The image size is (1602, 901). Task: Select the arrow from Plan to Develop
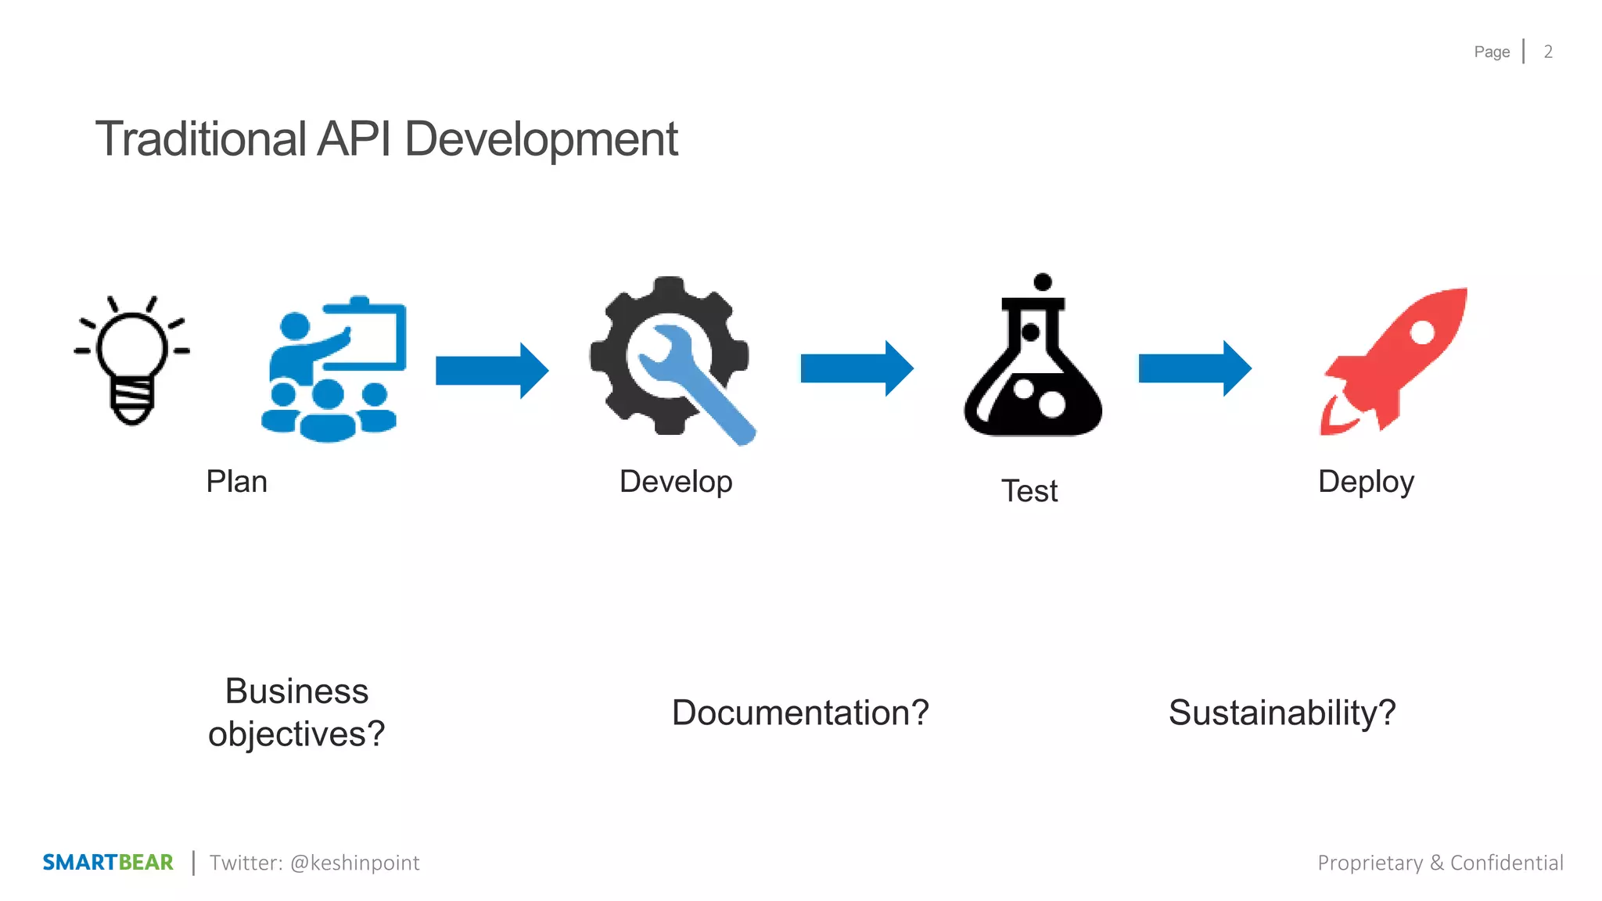(x=491, y=370)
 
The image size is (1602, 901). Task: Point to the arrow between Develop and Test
(x=857, y=368)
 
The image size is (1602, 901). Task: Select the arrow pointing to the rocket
(x=1194, y=368)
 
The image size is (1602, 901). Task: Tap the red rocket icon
(x=1395, y=361)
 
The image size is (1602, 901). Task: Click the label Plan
(x=236, y=482)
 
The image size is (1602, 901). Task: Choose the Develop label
(x=676, y=482)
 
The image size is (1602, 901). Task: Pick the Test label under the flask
(x=1029, y=491)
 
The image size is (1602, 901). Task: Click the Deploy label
(x=1366, y=482)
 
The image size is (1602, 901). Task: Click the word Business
(x=296, y=691)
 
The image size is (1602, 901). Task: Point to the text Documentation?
(x=800, y=713)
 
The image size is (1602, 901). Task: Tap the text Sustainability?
(x=1282, y=713)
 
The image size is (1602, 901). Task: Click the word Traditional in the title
(x=200, y=139)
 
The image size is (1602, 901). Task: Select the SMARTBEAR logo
(x=108, y=863)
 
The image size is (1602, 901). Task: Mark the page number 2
(x=1548, y=52)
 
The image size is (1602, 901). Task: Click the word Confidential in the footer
(x=1507, y=863)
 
